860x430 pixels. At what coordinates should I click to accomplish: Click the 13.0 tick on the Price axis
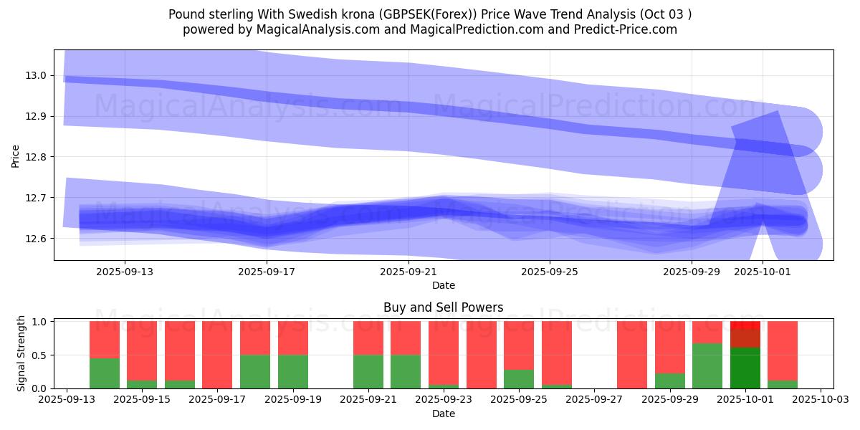[x=38, y=75]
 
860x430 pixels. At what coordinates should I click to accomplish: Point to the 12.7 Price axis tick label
[x=38, y=198]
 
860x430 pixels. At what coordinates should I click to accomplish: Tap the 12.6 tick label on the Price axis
[x=38, y=239]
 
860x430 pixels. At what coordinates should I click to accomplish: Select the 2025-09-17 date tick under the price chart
[x=267, y=272]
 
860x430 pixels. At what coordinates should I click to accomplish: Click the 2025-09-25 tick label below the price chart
[x=550, y=272]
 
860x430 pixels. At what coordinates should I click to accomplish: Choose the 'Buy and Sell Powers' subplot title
[x=443, y=307]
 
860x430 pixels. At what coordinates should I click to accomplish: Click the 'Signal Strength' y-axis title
[x=21, y=353]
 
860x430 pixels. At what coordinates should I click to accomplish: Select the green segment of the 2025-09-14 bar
[x=105, y=373]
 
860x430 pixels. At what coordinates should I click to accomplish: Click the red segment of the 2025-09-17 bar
[x=217, y=354]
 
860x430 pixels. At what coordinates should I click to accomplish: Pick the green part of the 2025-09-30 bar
[x=707, y=365]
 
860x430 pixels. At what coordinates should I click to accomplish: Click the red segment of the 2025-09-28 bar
[x=632, y=355]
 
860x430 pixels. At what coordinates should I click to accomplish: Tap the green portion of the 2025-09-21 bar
[x=368, y=371]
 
